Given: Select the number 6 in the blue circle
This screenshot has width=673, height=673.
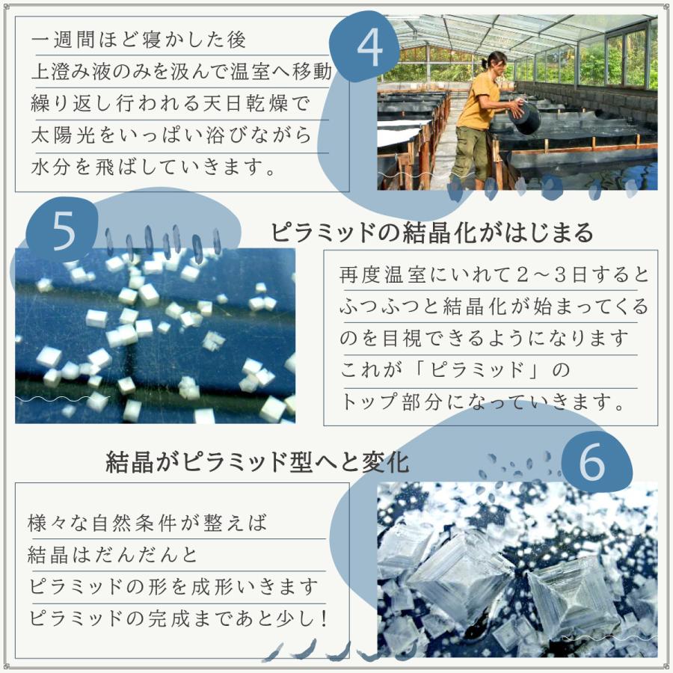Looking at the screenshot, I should coord(591,464).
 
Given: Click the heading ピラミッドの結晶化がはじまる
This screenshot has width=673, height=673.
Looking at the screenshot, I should coord(432,233).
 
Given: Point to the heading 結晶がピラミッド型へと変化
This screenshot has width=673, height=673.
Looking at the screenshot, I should coord(258,461).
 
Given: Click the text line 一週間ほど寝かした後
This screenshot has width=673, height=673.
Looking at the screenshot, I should coord(139,37).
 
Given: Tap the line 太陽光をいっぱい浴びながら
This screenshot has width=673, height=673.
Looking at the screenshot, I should coord(171,135).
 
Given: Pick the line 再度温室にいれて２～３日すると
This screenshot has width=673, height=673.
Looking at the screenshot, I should coord(494,274).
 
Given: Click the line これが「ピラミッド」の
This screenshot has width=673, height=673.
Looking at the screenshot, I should coord(455,370).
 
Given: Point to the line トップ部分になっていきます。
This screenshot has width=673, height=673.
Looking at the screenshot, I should coord(484,403).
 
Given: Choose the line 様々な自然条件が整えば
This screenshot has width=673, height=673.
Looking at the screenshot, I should coord(147,523).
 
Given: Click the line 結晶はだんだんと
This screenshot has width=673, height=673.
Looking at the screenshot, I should coord(113,556).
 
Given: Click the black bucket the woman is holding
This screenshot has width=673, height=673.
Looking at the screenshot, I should coord(527,117).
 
